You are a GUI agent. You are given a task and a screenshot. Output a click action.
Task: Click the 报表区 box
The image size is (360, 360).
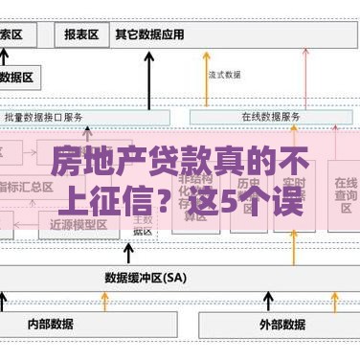tap(81, 35)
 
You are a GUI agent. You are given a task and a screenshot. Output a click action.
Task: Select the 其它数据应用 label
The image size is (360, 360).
tap(149, 34)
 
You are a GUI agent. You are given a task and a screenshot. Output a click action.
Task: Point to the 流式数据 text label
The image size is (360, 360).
tap(224, 74)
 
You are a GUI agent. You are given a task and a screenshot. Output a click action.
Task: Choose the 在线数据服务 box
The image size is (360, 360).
tap(271, 117)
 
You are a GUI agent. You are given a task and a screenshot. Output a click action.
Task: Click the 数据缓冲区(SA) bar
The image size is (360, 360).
tap(146, 278)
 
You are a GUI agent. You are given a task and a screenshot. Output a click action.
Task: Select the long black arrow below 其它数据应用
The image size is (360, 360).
tap(149, 81)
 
